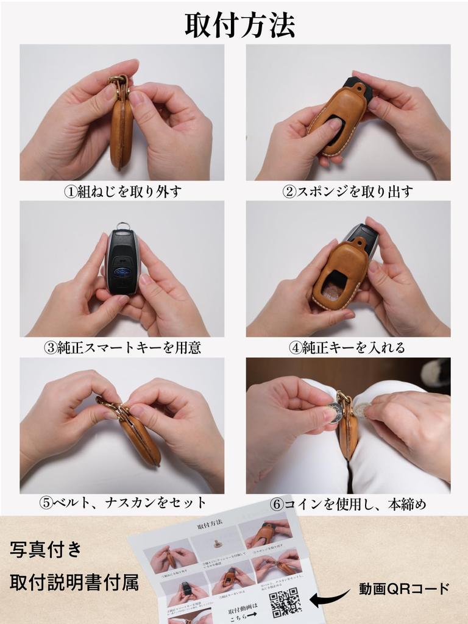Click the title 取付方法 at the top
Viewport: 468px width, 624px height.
239,25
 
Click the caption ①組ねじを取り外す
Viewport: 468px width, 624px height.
122,191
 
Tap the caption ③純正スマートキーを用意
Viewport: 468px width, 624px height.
122,348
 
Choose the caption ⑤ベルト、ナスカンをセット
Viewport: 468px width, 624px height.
122,503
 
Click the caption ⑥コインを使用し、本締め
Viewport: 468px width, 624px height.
349,504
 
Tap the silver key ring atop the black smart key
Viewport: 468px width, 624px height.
124,225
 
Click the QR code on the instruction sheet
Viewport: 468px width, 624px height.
285,601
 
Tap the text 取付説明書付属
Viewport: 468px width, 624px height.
74,583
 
